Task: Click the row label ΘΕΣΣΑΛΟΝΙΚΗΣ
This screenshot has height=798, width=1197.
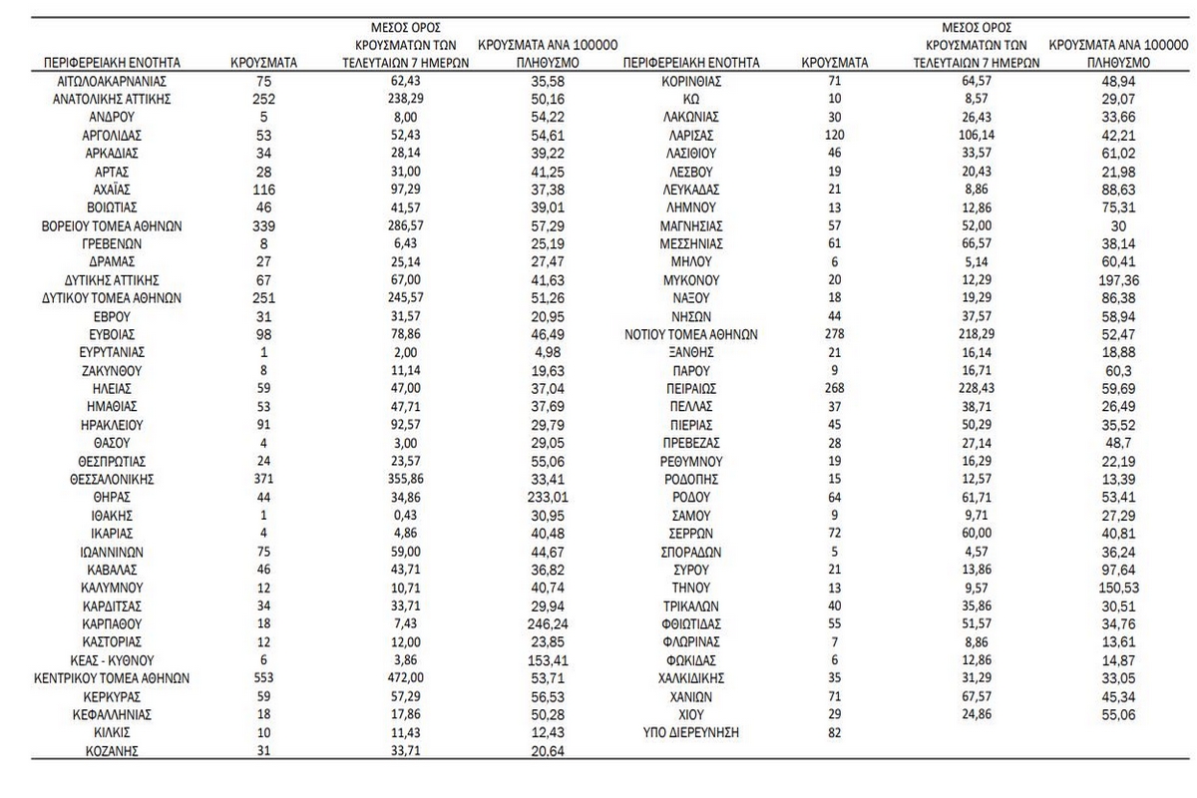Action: (111, 479)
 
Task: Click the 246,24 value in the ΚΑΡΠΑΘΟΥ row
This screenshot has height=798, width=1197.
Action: (543, 624)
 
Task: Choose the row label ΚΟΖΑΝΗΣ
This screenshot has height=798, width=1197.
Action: (111, 751)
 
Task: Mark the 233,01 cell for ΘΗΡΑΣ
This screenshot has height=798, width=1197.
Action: (543, 498)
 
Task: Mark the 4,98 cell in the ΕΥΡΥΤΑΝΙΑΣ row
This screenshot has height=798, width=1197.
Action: (543, 352)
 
